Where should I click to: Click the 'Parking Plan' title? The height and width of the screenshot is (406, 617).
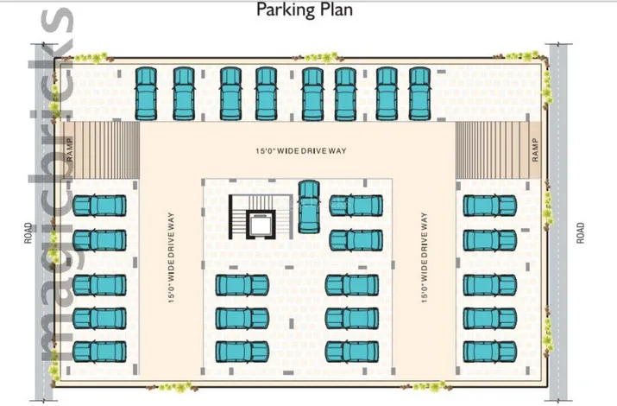[304, 10]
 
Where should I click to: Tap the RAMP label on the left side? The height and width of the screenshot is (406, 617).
[70, 149]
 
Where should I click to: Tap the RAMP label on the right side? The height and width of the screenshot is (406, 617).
[535, 149]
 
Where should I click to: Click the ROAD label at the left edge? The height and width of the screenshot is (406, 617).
[28, 233]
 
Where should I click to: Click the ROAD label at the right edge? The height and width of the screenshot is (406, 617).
[581, 233]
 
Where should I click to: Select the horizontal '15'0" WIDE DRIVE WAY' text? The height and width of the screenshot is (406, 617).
[301, 151]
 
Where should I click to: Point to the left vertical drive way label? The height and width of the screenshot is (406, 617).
[171, 257]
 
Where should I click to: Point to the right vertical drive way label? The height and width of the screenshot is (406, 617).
[424, 257]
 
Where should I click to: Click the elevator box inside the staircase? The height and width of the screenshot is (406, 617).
[261, 225]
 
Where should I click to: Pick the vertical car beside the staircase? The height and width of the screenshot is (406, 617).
[309, 206]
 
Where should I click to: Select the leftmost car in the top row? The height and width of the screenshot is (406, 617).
[146, 93]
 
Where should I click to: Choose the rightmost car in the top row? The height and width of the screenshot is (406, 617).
[420, 93]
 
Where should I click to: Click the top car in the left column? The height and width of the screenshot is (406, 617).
[99, 206]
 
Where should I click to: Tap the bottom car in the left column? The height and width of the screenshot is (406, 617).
[99, 352]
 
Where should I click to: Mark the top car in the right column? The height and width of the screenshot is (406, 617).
[490, 206]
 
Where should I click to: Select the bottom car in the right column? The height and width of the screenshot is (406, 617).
[490, 352]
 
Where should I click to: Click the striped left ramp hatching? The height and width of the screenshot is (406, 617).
[106, 149]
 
